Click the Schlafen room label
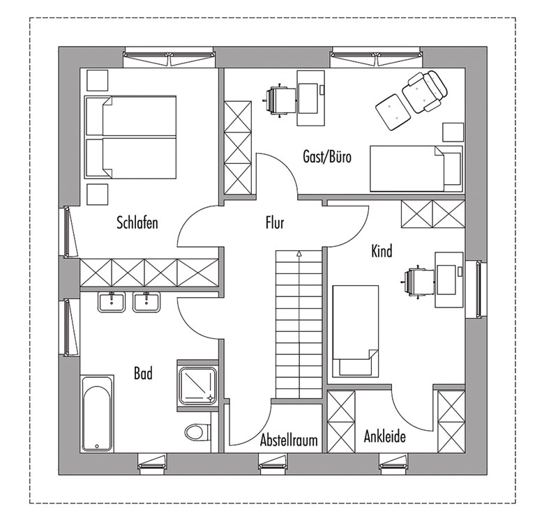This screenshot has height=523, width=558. tap(137, 222)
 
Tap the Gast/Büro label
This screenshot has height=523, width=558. tap(327, 156)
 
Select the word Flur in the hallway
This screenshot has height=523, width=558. tap(275, 222)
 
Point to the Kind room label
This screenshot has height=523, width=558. tap(382, 251)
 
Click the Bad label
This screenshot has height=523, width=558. tap(143, 374)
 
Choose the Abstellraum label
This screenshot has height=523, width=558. tap(289, 440)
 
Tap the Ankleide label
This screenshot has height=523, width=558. tap(385, 437)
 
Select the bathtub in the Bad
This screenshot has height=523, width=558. tap(97, 414)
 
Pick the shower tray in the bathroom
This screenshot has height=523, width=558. tap(198, 386)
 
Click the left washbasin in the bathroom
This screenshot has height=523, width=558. tap(111, 303)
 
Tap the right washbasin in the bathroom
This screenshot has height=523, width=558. tap(146, 303)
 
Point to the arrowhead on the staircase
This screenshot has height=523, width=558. tap(299, 254)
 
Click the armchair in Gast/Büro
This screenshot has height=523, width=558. tap(425, 91)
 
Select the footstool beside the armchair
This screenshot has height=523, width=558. tap(393, 112)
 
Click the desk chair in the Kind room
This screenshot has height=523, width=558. tap(418, 282)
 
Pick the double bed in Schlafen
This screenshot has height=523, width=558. tap(130, 137)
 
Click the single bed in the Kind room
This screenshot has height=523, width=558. tap(355, 331)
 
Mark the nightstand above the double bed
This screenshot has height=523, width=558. tap(97, 80)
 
